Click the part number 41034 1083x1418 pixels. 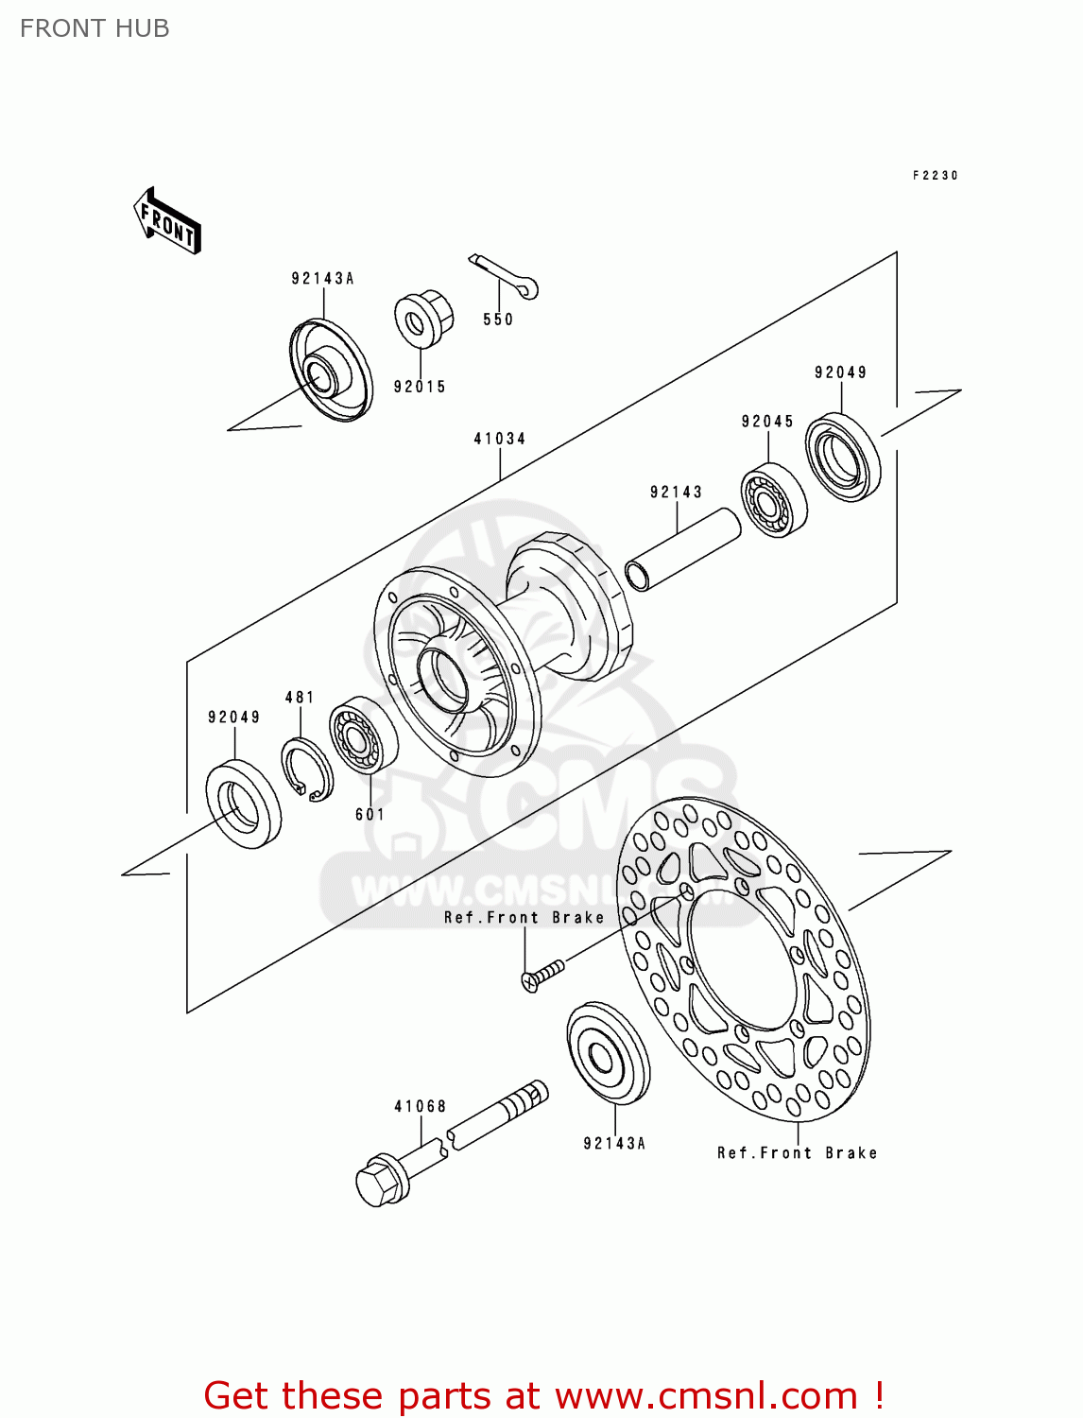coord(500,439)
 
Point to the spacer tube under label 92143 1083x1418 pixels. coord(682,549)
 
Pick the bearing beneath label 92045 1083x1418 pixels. coord(774,501)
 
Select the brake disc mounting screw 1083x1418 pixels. coord(541,975)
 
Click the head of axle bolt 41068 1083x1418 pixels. coord(379,1181)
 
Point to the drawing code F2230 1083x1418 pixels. coord(935,176)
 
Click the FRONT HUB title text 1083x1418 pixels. coord(95,28)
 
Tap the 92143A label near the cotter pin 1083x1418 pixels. coord(322,278)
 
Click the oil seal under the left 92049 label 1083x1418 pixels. coord(244,803)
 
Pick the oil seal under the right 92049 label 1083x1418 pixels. coord(842,458)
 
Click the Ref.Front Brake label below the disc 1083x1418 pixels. coord(797,1153)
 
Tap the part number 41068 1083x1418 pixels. coord(420,1106)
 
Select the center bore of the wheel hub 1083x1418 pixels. coord(442,679)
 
